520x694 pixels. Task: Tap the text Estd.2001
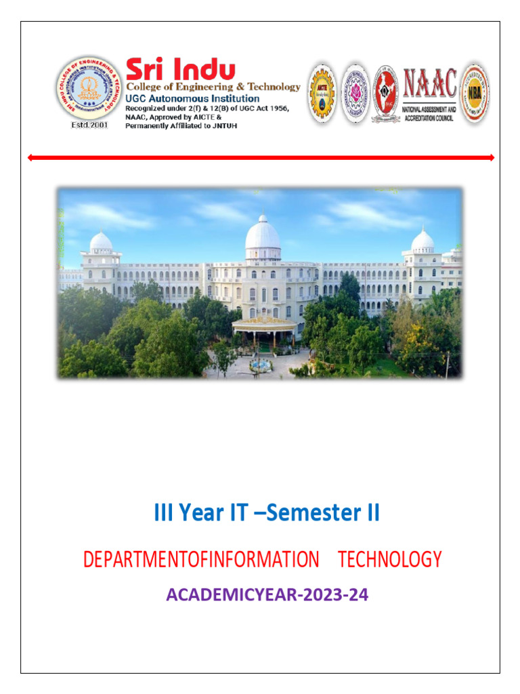(x=90, y=126)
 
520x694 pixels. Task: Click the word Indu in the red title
(x=204, y=69)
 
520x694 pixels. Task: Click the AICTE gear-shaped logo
(x=322, y=94)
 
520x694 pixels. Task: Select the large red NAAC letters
(x=430, y=84)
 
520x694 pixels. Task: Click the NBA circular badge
(x=475, y=93)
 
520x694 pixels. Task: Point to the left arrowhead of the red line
(x=30, y=158)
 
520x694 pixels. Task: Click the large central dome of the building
(x=263, y=234)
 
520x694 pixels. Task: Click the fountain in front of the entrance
(x=259, y=366)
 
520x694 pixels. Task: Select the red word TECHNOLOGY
(x=389, y=560)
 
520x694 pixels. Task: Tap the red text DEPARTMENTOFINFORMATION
(x=200, y=560)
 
